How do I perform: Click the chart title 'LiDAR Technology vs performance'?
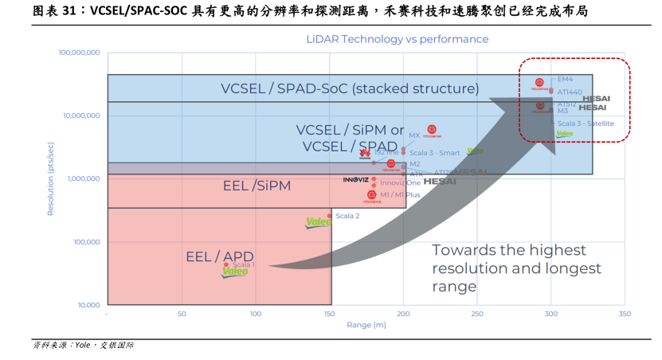[x=398, y=39]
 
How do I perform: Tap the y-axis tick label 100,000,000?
[x=79, y=53]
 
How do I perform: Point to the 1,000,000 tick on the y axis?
[x=82, y=178]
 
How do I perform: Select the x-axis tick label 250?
[x=476, y=314]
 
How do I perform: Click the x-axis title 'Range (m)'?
[x=366, y=325]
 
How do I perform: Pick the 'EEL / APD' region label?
[x=220, y=256]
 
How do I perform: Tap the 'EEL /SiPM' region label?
[x=257, y=186]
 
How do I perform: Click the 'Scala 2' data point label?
[x=347, y=216]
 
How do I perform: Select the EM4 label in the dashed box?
[x=566, y=80]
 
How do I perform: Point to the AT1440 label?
[x=570, y=92]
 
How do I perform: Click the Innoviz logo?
[x=355, y=180]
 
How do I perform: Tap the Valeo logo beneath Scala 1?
[x=235, y=272]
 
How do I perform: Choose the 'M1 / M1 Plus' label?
[x=400, y=195]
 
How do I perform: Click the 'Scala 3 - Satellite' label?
[x=585, y=123]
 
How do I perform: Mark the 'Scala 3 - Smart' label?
[x=435, y=152]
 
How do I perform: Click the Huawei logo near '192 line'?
[x=365, y=154]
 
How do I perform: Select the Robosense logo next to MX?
[x=432, y=131]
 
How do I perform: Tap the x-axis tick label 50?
[x=182, y=314]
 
